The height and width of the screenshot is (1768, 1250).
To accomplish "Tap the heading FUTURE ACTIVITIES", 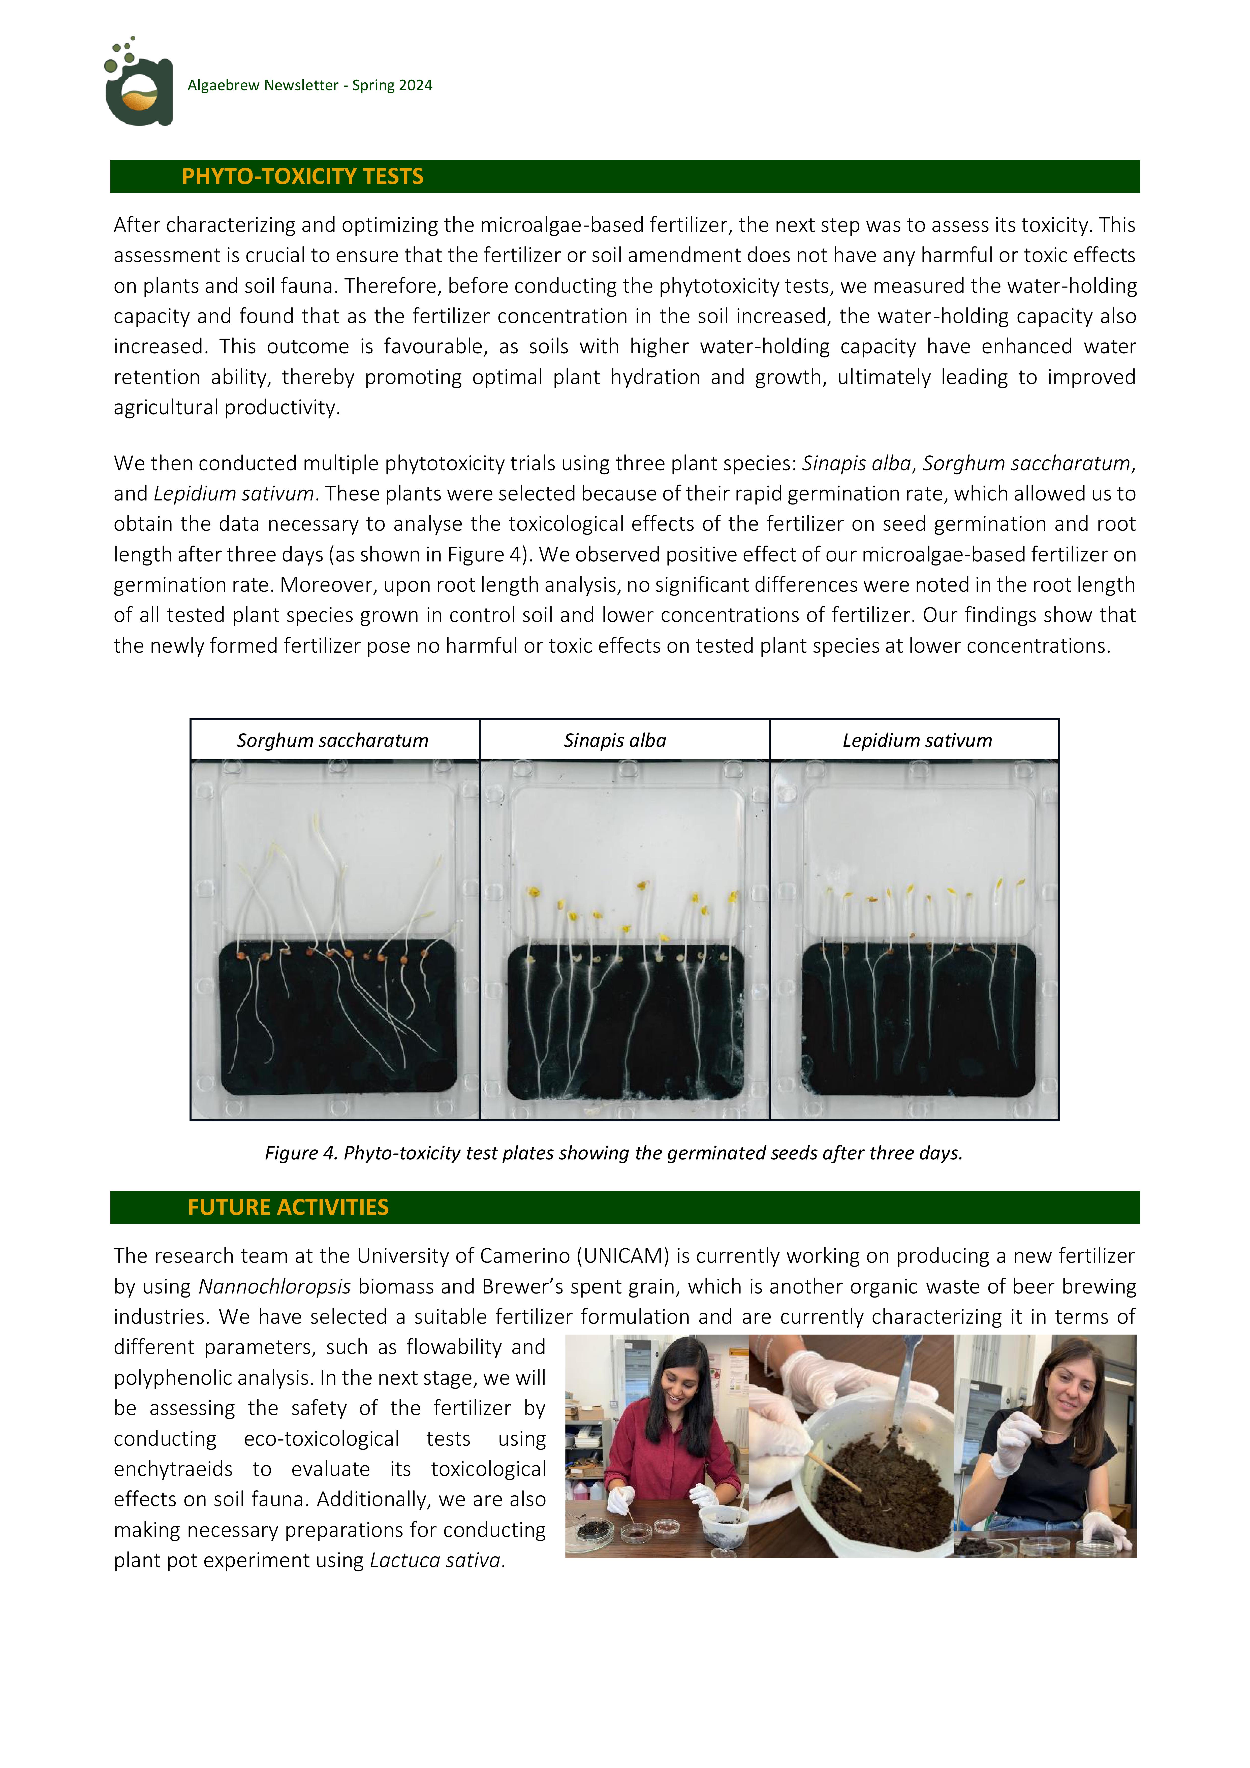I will pyautogui.click(x=288, y=1207).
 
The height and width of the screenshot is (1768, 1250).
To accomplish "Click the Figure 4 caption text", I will pyautogui.click(x=614, y=1153).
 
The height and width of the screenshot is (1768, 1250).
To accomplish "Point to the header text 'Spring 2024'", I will pyautogui.click(x=392, y=85).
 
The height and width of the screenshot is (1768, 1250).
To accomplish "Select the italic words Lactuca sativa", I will pyautogui.click(x=435, y=1560).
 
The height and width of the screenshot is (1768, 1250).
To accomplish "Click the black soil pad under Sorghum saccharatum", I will pyautogui.click(x=337, y=1017).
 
